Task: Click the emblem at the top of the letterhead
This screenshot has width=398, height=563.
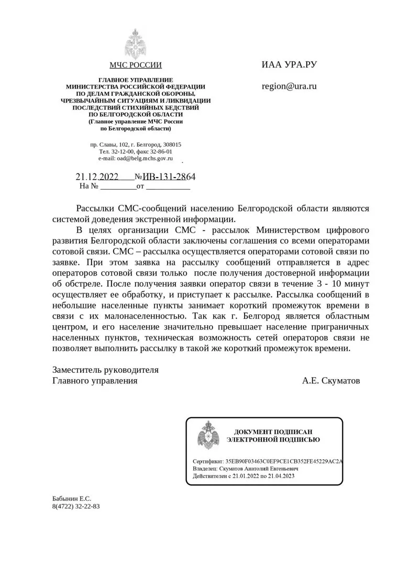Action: point(135,44)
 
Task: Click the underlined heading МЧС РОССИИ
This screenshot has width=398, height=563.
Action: point(136,65)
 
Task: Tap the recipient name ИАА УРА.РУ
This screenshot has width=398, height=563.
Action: point(290,65)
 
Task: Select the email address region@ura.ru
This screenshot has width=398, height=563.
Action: point(289,86)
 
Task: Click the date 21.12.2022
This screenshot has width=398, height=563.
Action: point(97,176)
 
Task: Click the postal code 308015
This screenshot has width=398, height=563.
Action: point(171,145)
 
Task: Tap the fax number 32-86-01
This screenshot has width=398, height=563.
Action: point(160,151)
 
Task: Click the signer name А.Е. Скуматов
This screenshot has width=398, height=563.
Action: point(331,381)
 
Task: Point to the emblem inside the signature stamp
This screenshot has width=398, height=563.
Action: point(208,434)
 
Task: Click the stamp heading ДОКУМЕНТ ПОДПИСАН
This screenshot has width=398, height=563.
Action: point(273,432)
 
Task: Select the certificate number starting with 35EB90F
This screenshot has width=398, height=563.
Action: point(283,461)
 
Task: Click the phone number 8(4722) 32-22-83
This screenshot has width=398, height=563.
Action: point(76,507)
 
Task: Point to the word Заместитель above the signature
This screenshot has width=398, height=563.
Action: point(79,370)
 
